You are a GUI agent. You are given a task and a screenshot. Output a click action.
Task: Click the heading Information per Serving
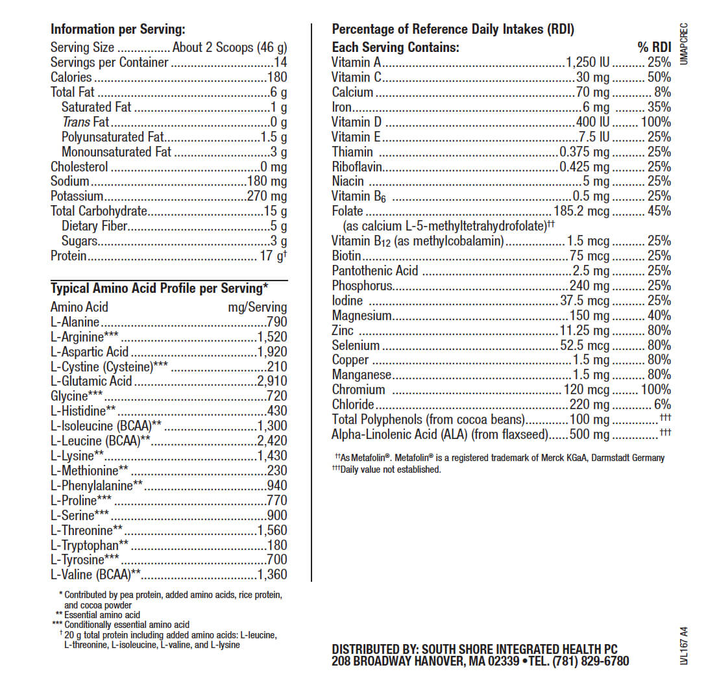(x=117, y=29)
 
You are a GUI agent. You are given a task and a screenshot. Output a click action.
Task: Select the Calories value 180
(x=276, y=78)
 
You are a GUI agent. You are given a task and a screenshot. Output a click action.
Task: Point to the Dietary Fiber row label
(x=94, y=226)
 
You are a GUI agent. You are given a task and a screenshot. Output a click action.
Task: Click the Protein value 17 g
(x=272, y=256)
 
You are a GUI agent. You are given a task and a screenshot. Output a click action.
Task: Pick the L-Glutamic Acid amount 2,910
(x=271, y=382)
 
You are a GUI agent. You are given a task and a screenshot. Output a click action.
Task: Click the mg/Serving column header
(x=257, y=307)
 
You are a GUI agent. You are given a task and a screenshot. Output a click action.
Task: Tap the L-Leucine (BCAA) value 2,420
(x=271, y=442)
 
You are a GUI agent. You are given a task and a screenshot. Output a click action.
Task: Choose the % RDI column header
(x=653, y=47)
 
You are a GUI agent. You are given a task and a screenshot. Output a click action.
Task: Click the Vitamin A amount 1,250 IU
(x=587, y=63)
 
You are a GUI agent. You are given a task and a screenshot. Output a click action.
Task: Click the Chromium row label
(x=358, y=390)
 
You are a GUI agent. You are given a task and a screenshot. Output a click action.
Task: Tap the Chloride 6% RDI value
(x=662, y=405)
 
